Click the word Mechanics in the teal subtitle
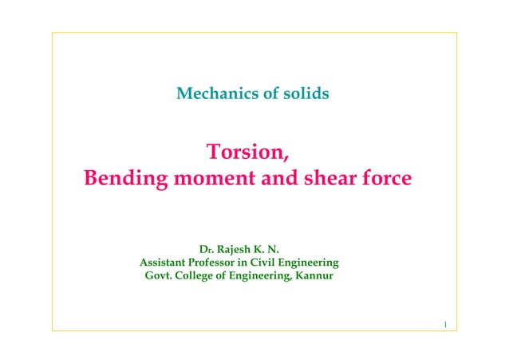point(212,94)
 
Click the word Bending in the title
point(128,178)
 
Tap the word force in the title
point(389,178)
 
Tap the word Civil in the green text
point(277,262)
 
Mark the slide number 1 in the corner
point(444,324)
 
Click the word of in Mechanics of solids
point(265,94)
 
